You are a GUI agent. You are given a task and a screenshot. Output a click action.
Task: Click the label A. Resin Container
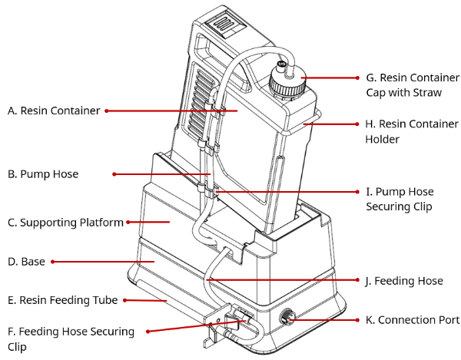(54, 111)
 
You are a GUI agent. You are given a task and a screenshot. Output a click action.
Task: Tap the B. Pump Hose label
(43, 174)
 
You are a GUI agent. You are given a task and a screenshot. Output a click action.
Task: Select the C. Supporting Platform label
(65, 223)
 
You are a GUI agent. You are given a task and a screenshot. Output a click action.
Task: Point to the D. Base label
(27, 262)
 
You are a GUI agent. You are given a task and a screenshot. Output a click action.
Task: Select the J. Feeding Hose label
(404, 282)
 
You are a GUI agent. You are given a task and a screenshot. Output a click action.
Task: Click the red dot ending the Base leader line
(53, 262)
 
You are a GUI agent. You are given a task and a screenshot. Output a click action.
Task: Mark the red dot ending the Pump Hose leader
(114, 174)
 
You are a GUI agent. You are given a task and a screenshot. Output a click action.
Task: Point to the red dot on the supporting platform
(127, 223)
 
